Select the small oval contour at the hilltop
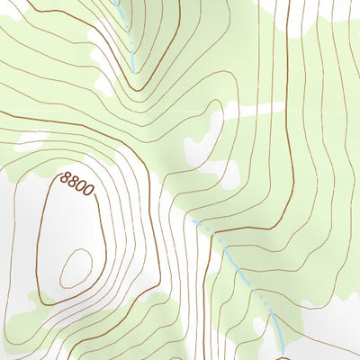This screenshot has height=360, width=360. coord(76,267)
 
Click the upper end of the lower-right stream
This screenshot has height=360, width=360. coord(193,218)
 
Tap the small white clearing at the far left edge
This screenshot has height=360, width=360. coord(31,139)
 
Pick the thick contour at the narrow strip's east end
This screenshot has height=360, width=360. coord(286,108)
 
